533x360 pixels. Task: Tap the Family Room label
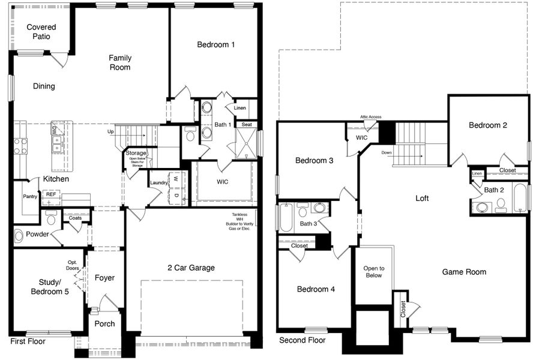(x=120, y=62)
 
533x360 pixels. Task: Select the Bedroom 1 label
(x=216, y=44)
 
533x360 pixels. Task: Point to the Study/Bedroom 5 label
(x=49, y=286)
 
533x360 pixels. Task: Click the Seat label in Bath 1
(x=246, y=125)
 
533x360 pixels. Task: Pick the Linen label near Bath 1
(x=239, y=108)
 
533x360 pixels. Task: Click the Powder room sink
(x=19, y=236)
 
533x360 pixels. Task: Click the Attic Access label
(x=370, y=117)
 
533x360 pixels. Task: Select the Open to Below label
(x=374, y=272)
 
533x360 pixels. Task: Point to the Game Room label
(x=464, y=272)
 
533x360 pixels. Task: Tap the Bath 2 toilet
(x=501, y=204)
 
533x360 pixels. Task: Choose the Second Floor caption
(x=302, y=340)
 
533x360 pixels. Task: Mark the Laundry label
(x=158, y=182)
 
